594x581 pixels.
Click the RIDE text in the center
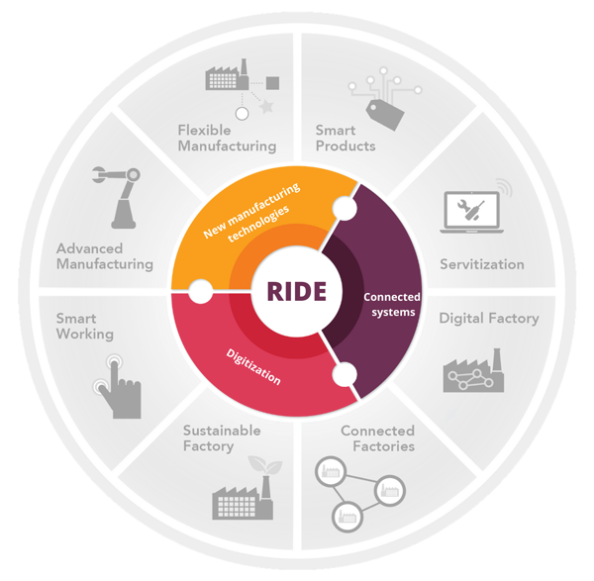click(297, 291)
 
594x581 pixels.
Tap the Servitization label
click(482, 264)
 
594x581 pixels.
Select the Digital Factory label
click(489, 319)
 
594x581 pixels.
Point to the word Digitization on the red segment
click(253, 366)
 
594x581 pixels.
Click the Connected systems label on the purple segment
click(392, 305)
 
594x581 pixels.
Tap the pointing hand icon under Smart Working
click(118, 386)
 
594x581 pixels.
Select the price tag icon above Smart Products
click(385, 115)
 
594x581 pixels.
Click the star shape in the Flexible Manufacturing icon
click(267, 107)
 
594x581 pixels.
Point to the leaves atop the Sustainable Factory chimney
click(265, 465)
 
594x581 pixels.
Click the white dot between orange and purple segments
click(345, 208)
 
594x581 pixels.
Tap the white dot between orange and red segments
click(200, 291)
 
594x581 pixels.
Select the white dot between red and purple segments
click(345, 374)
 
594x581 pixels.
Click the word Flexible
click(204, 131)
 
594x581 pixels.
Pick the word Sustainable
click(222, 431)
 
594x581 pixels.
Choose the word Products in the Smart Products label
click(346, 146)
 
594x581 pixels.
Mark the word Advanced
click(89, 248)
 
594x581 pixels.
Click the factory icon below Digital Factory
click(473, 370)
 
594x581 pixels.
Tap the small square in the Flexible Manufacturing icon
click(273, 83)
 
